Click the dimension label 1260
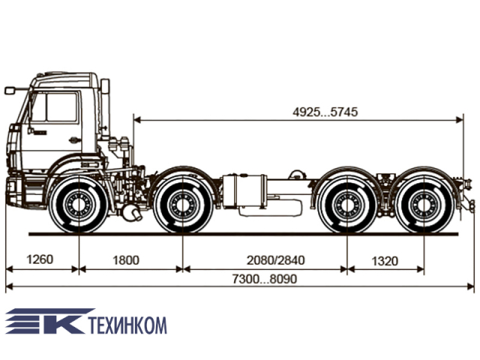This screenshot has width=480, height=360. [x=40, y=259]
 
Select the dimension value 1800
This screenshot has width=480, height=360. [x=126, y=260]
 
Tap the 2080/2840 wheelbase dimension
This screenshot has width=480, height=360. [x=276, y=260]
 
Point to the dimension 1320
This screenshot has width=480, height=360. [x=385, y=261]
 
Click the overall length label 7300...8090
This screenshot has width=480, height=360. [x=265, y=279]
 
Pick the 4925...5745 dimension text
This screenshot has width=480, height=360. [x=325, y=112]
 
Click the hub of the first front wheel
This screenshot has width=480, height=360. [x=79, y=203]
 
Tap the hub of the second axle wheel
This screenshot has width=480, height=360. [x=183, y=204]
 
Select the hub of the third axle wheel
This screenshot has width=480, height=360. [x=347, y=204]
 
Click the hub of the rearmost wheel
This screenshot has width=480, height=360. [x=424, y=204]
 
